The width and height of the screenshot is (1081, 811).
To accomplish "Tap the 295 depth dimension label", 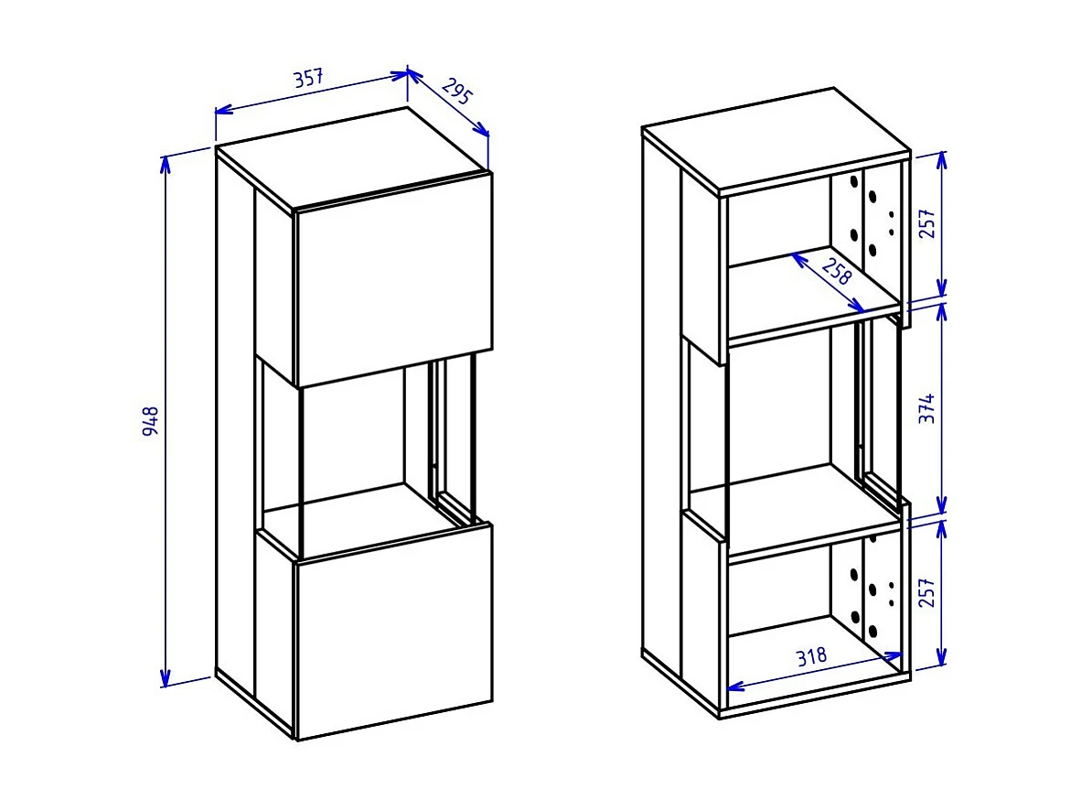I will (456, 92).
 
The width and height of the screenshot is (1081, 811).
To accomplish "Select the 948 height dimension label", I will (152, 420).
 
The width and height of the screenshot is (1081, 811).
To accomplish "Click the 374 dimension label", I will (926, 409).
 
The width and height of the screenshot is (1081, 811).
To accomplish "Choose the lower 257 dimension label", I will (926, 592).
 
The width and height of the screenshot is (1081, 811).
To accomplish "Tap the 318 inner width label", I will (810, 655).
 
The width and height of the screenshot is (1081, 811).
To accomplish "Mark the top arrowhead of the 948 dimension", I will (166, 162).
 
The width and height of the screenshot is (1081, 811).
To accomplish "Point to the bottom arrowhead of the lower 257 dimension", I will (943, 660).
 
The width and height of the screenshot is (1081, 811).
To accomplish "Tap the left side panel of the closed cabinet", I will (234, 421).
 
